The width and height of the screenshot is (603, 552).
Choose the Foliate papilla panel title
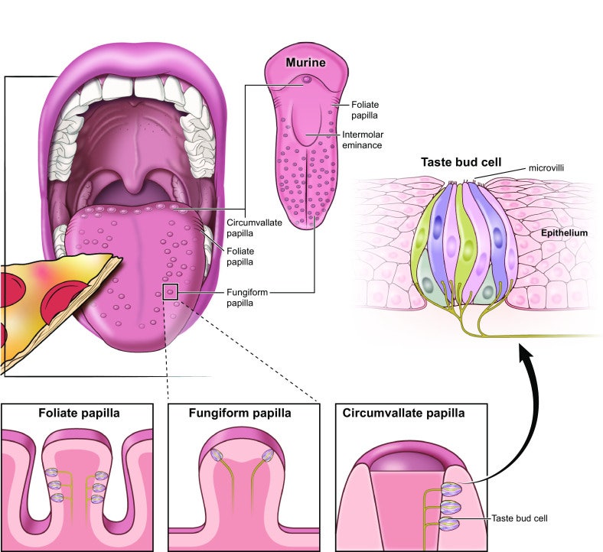(73, 414)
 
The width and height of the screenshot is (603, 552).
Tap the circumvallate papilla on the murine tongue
(306, 79)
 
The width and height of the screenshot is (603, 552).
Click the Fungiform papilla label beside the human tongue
(248, 297)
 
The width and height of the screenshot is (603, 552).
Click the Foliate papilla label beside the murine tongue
(367, 109)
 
